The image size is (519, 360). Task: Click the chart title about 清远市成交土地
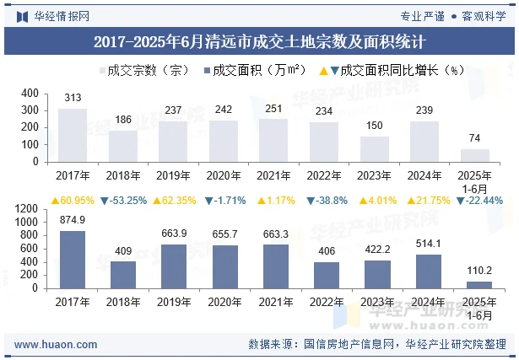pos(259,40)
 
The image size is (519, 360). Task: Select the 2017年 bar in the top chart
pos(73,135)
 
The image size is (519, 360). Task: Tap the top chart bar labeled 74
pos(475,155)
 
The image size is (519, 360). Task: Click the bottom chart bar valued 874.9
pos(73,260)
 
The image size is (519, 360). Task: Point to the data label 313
pos(73,99)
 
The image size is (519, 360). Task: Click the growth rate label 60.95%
pos(73,201)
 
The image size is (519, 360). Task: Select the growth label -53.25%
pos(123,201)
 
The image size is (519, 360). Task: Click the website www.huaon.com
pos(57,344)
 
